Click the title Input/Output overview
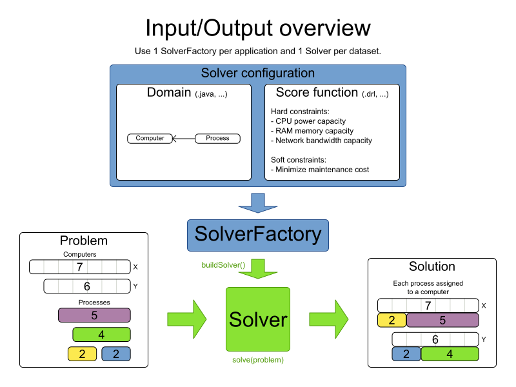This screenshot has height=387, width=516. pyautogui.click(x=258, y=28)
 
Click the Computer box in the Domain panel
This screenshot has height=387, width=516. pyautogui.click(x=150, y=138)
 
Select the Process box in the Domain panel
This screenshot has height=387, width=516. pyautogui.click(x=217, y=138)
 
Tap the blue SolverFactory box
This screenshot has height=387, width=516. pyautogui.click(x=258, y=234)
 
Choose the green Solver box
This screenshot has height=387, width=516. pyautogui.click(x=258, y=319)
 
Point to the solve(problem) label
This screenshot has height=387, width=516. pyautogui.click(x=258, y=360)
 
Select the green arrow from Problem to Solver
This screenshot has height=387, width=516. pyautogui.click(x=186, y=318)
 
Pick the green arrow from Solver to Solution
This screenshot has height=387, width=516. pyautogui.click(x=328, y=318)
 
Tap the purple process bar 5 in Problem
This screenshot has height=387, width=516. pyautogui.click(x=94, y=315)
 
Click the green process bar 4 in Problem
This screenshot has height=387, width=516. pyautogui.click(x=101, y=335)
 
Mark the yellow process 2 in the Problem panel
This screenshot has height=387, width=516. pyautogui.click(x=82, y=353)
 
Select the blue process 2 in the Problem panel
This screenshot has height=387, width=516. pyautogui.click(x=115, y=353)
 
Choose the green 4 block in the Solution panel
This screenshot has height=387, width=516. pyautogui.click(x=450, y=353)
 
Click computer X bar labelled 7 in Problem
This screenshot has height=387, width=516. pyautogui.click(x=79, y=267)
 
